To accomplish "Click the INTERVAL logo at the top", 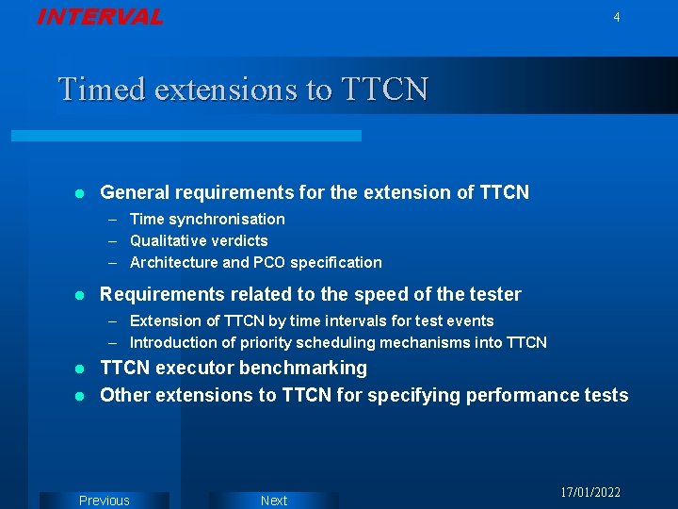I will (x=100, y=17).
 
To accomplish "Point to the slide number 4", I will (x=617, y=17).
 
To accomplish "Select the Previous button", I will (x=105, y=501).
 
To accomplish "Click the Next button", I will (x=273, y=501).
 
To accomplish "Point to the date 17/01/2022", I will (x=590, y=493).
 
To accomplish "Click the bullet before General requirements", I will (x=80, y=193).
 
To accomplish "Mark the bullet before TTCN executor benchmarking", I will (x=80, y=369).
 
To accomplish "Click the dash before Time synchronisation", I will (x=112, y=219).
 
